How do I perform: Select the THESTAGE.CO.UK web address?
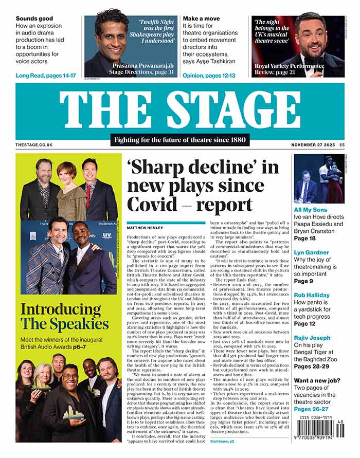point(34,145)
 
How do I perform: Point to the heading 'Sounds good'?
point(34,19)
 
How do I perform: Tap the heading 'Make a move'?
point(202,19)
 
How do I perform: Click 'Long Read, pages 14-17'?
point(46,76)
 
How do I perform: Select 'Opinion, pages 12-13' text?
point(209,76)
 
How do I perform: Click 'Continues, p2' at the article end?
point(222,441)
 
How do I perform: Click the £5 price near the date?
point(341,145)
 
